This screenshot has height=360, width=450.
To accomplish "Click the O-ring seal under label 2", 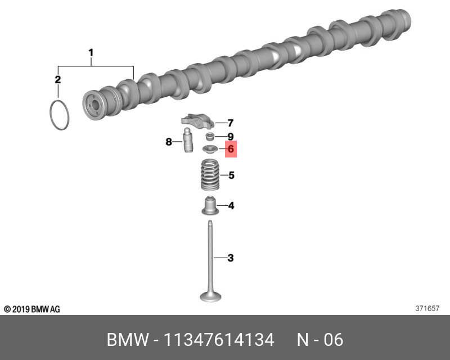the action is (51, 115).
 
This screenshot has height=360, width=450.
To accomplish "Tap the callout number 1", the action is (91, 53).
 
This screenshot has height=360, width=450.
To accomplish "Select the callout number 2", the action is (58, 79).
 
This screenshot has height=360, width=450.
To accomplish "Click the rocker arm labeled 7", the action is (198, 120).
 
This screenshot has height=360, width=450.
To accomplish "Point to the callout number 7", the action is (231, 123).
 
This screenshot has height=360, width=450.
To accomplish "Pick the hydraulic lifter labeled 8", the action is (188, 141).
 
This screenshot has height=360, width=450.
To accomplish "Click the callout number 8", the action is (169, 142).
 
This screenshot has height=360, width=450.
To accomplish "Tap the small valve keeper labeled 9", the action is (210, 137).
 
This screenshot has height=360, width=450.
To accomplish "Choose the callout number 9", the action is (231, 137).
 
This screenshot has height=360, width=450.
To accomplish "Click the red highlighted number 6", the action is (231, 149).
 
